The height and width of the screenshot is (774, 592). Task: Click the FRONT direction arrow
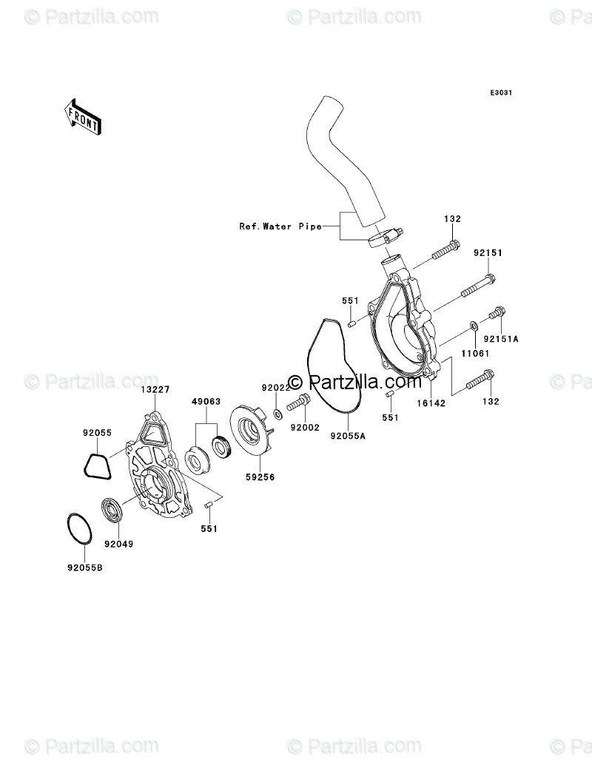82,117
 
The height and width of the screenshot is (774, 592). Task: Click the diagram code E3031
501,92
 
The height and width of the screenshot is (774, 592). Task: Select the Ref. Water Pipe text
280,226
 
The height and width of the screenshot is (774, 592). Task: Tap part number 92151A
501,339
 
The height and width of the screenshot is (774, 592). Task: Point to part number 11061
475,354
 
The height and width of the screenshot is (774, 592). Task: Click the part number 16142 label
431,403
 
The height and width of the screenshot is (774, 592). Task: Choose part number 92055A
348,437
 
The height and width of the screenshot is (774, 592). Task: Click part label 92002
305,428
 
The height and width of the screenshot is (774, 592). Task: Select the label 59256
260,477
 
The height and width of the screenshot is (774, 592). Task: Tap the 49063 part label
206,402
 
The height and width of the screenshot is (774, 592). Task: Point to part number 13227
155,389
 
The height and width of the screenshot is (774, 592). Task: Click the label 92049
118,544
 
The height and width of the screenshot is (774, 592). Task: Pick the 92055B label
85,568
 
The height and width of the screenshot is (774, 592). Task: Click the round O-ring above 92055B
66,528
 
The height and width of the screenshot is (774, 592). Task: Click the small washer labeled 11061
473,326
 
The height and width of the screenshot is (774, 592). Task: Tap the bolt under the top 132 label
446,250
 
